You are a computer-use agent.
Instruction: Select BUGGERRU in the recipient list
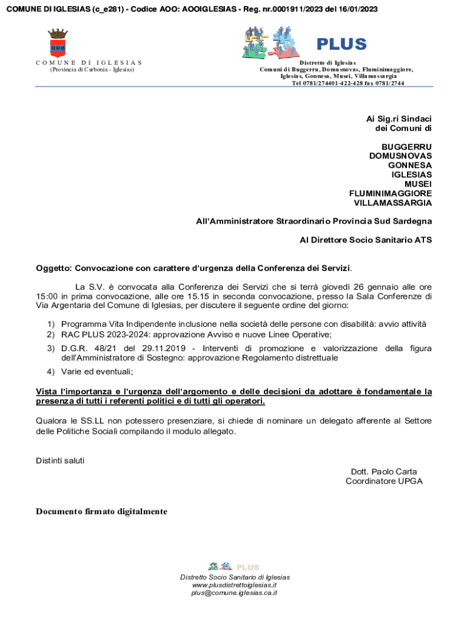click(406, 147)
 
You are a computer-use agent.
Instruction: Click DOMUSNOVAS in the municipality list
click(400, 156)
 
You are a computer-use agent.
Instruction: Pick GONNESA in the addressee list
click(410, 166)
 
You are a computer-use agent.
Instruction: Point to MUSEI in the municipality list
click(418, 184)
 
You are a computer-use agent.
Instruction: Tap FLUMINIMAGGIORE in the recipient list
click(391, 193)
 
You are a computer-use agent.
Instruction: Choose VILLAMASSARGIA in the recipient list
click(393, 203)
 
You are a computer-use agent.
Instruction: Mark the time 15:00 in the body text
click(46, 297)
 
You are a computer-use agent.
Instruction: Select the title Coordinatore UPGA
click(384, 482)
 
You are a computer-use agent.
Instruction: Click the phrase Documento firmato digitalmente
click(101, 512)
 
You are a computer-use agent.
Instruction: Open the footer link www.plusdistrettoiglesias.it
click(234, 585)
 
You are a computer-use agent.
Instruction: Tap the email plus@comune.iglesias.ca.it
click(234, 593)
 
